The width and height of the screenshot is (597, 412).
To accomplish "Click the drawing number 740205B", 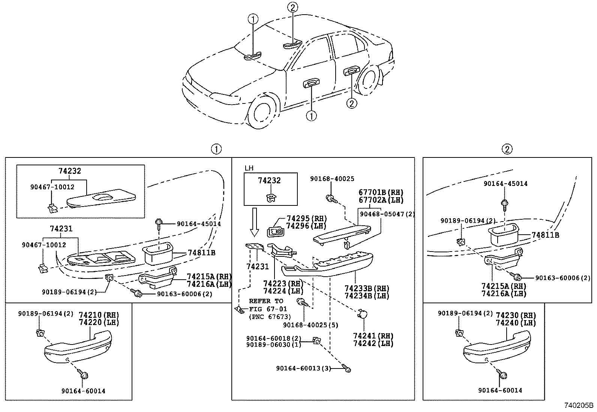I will (x=579, y=406).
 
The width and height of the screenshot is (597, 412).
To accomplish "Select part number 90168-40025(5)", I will (x=310, y=325).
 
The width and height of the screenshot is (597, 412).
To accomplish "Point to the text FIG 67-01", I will (x=268, y=309).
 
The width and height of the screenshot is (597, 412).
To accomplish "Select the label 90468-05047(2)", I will (x=387, y=214).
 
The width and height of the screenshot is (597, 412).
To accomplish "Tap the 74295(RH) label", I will (x=306, y=219).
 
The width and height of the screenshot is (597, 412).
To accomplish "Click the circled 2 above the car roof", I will (x=293, y=6).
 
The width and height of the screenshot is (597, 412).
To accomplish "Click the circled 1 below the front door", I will (x=311, y=116).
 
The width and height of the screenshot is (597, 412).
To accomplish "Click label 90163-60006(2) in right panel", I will (x=562, y=278).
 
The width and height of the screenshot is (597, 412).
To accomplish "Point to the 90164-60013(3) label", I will (x=304, y=369).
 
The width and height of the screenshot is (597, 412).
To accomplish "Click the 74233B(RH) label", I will (x=367, y=289).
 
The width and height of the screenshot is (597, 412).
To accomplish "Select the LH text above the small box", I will (x=249, y=168).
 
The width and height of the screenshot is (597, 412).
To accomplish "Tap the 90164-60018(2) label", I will (x=274, y=338).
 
